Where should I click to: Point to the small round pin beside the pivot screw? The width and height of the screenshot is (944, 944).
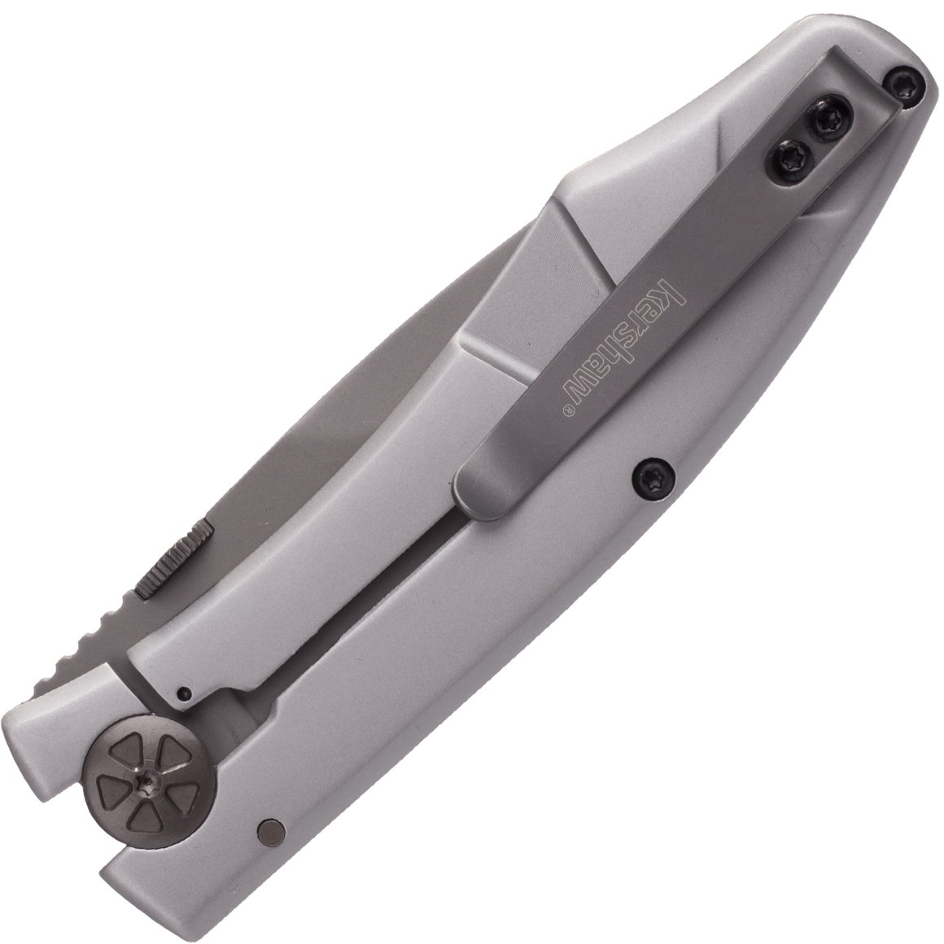(269, 832)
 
